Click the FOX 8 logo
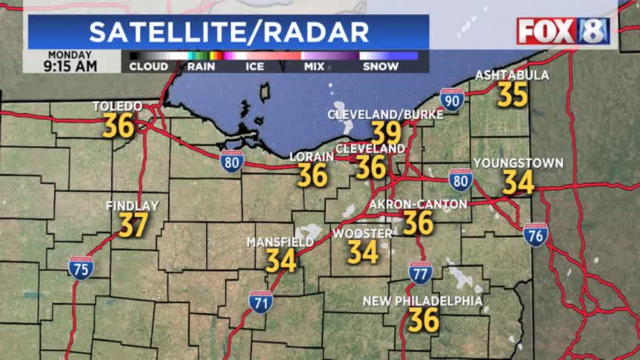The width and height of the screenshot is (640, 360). click(x=563, y=31)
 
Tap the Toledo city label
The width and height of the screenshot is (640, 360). click(x=117, y=107)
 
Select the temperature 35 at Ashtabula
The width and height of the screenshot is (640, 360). click(x=512, y=95)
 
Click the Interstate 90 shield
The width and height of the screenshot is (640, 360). click(x=452, y=99)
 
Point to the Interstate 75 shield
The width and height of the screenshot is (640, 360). click(x=81, y=268)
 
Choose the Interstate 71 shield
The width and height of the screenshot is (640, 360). click(x=261, y=301)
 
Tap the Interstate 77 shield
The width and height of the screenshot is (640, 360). click(x=420, y=273)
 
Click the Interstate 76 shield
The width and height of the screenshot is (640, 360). click(x=536, y=235)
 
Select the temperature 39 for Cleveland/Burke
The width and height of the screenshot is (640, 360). click(x=386, y=133)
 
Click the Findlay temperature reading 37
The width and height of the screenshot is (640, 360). click(x=133, y=224)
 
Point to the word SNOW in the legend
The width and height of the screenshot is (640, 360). click(x=381, y=67)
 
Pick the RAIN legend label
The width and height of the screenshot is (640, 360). click(x=201, y=67)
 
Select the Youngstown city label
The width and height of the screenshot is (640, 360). click(x=519, y=163)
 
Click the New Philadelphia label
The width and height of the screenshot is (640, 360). click(x=422, y=301)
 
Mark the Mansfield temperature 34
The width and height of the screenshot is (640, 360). click(x=281, y=260)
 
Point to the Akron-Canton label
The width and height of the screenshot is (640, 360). click(x=418, y=204)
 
